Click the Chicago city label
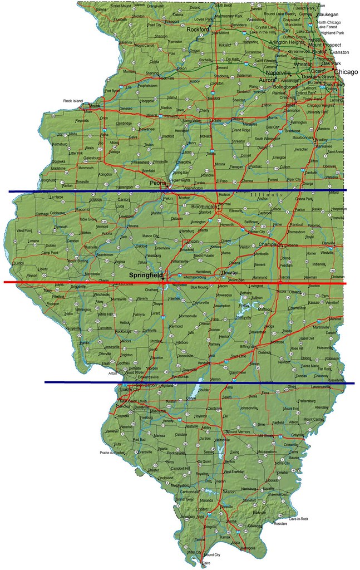tap(346, 72)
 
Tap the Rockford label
tap(198, 29)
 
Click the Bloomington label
tap(203, 206)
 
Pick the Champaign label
tap(268, 244)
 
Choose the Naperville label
tap(278, 73)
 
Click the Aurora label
tap(267, 80)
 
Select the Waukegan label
tap(327, 15)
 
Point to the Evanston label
tap(339, 52)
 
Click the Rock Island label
tap(73, 101)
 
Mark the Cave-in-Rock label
tap(298, 519)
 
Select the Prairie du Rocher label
tap(112, 453)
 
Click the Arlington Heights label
tap(287, 42)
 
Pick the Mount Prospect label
tap(324, 45)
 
